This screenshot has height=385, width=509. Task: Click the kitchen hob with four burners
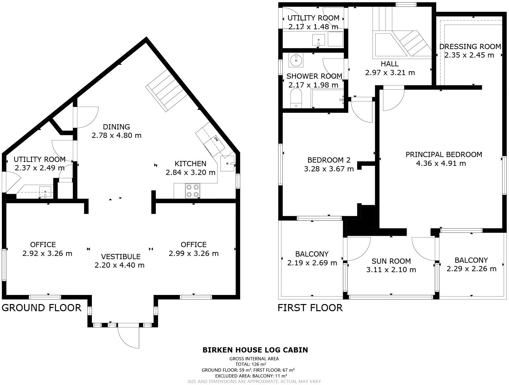click(x=192, y=191)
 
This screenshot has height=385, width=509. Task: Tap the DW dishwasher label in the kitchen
click(x=216, y=139)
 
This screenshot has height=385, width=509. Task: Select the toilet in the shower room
click(x=296, y=99)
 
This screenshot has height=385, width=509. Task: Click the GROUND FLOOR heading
click(x=42, y=308)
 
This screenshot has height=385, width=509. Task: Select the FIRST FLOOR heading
click(x=310, y=308)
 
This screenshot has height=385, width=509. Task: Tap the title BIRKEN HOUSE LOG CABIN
click(x=255, y=350)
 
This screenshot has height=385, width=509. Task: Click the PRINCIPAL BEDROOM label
click(x=444, y=154)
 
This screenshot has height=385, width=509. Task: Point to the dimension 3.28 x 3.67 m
click(x=329, y=169)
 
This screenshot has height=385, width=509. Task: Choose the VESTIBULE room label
click(x=121, y=257)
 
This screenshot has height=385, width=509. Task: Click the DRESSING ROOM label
click(x=470, y=47)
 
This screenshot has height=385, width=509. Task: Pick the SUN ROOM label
click(x=391, y=261)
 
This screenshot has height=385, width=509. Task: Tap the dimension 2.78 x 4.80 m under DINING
click(x=117, y=135)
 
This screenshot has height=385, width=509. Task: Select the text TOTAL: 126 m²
click(x=251, y=364)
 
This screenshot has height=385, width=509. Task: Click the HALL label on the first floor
click(x=390, y=64)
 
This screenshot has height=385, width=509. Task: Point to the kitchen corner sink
click(x=228, y=164)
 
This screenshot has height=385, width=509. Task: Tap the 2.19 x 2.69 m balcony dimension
click(x=312, y=263)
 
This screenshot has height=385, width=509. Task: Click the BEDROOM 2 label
click(x=329, y=160)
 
